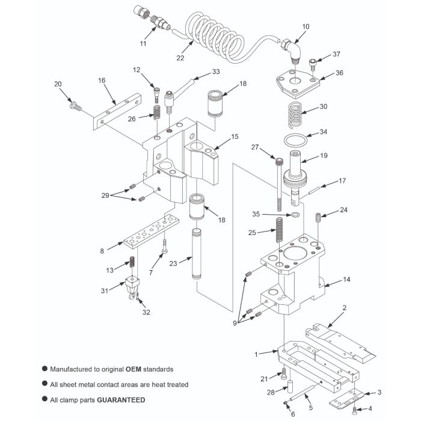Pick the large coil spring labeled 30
point(293,114)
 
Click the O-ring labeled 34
point(294,141)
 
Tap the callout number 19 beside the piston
point(324,155)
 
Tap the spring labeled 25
point(280,228)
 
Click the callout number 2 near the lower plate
point(344,307)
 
